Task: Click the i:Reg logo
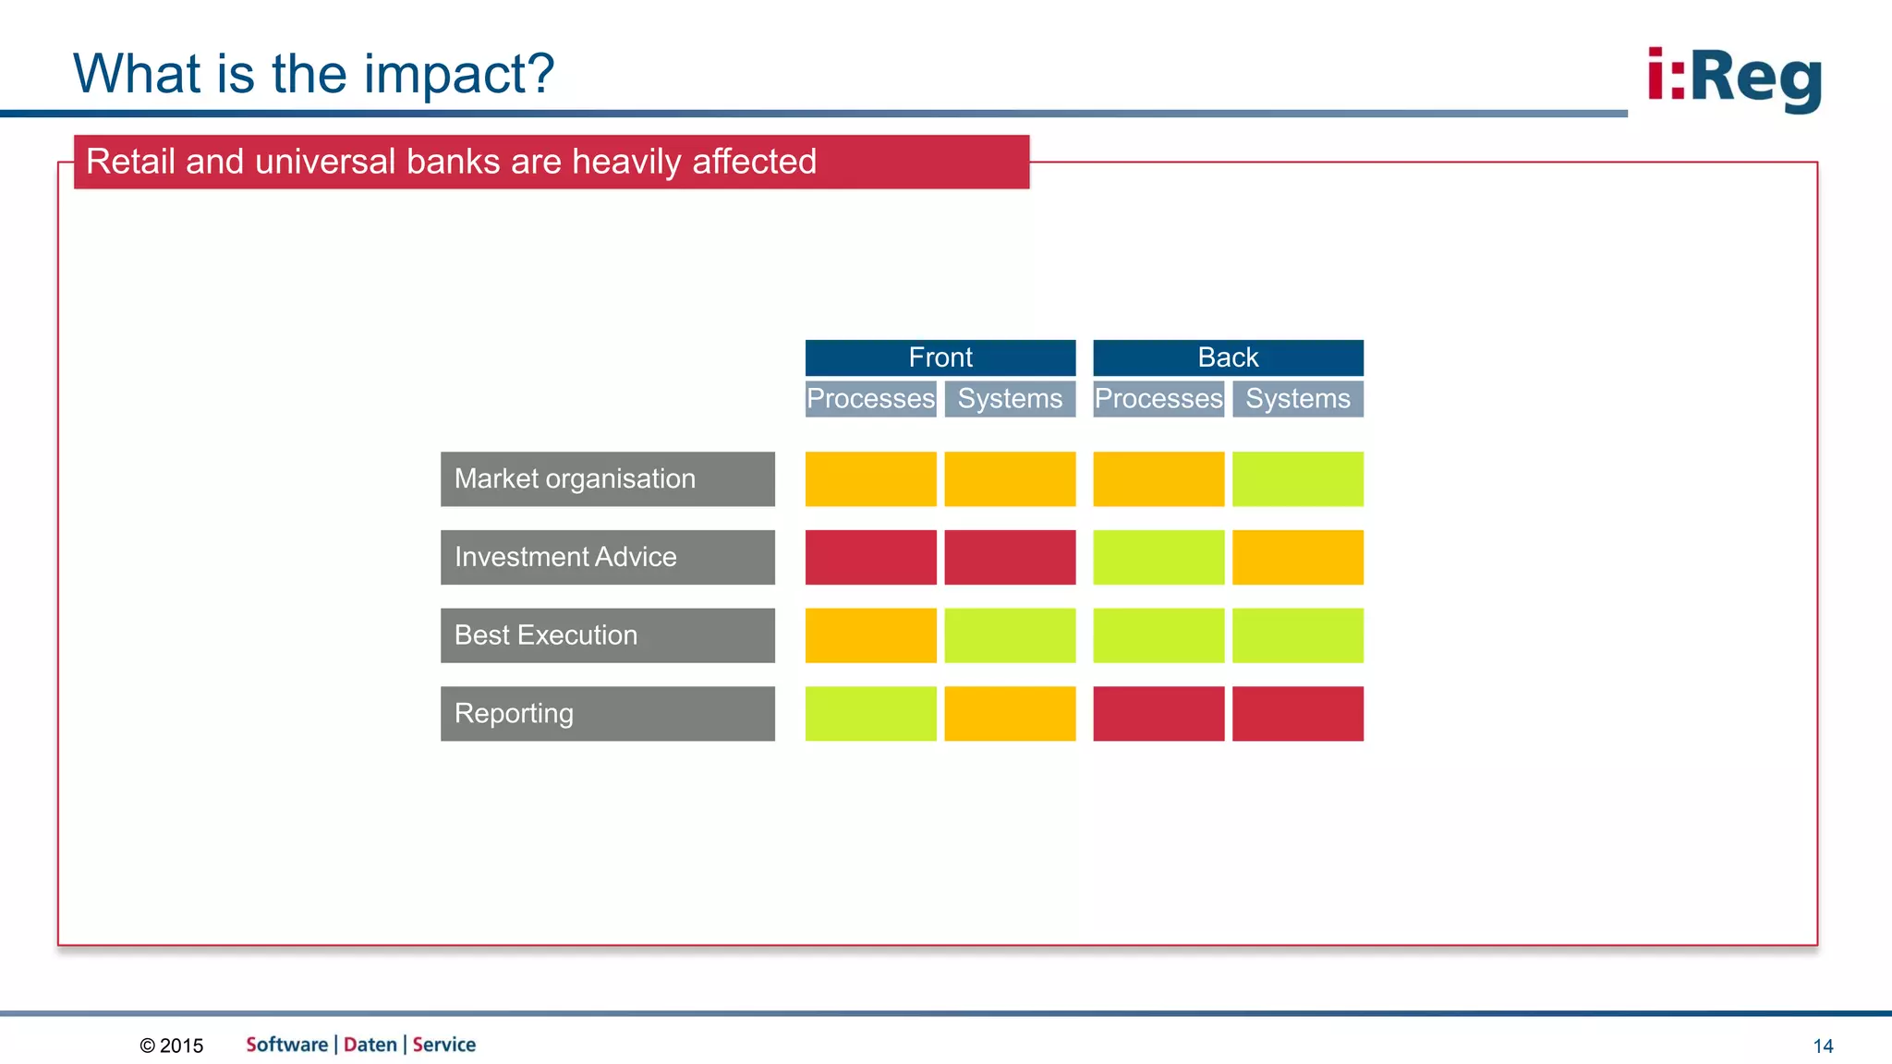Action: coord(1734,79)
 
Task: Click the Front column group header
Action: coord(940,357)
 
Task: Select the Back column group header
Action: coord(1228,357)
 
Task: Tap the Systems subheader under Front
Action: coord(1010,399)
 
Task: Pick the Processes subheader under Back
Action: coord(1158,399)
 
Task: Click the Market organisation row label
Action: coord(607,478)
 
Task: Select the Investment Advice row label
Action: coord(607,557)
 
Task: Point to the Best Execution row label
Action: coord(607,635)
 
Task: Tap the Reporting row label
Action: coord(607,713)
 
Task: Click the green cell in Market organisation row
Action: coord(1297,478)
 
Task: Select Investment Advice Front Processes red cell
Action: coord(870,557)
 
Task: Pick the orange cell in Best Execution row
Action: coord(870,635)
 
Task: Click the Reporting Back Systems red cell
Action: coord(1297,713)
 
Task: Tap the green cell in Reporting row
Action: coord(870,713)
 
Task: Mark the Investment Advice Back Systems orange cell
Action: coord(1297,557)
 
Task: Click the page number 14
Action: coord(1823,1046)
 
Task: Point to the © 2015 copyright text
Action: coord(172,1046)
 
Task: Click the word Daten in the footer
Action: coord(370,1045)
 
